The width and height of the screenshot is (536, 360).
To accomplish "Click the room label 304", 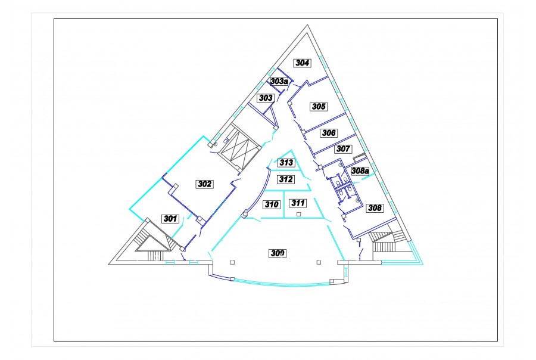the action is coord(303,63).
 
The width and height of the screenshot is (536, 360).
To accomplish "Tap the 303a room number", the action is coord(279,81).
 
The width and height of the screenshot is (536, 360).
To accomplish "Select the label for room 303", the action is coord(266,98).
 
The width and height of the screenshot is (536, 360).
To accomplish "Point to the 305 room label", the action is coord(319,107).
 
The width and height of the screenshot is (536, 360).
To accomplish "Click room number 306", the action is coord(329,133).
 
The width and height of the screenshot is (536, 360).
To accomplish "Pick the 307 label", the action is coord(343,149).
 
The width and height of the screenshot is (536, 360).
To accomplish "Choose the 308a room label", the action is coord(360,170).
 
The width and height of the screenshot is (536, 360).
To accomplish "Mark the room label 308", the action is coord(375,208).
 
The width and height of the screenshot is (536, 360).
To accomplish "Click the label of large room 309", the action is coord(278,253).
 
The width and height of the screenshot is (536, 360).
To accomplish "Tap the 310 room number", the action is coord(272,204).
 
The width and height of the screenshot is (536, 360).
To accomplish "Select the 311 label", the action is coord(298,203).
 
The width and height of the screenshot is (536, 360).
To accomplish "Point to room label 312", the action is coord(286,179).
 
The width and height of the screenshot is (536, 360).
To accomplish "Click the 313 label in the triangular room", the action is coord(286,162).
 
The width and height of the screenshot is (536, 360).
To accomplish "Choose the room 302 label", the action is coord(205,184).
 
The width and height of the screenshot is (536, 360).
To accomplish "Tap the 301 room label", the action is coord(170,218).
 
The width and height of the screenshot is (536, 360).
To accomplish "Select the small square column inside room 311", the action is coord(299,214).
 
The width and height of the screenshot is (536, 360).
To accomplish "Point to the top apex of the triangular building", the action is coord(307,25).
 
